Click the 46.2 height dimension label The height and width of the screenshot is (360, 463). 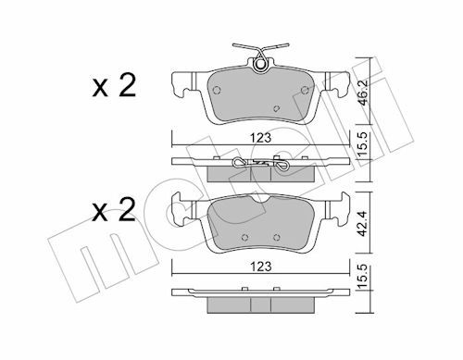click(365, 93)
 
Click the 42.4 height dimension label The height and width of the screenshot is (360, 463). click(365, 224)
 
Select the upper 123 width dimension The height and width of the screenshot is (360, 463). click(261, 138)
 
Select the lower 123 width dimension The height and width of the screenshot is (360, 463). click(261, 267)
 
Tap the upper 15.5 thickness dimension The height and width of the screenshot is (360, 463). click(365, 144)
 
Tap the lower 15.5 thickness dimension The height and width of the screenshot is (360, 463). click(365, 277)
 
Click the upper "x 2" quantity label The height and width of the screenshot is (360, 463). click(114, 86)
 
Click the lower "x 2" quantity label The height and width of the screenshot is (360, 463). click(114, 210)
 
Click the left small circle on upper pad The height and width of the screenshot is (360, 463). click(217, 90)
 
